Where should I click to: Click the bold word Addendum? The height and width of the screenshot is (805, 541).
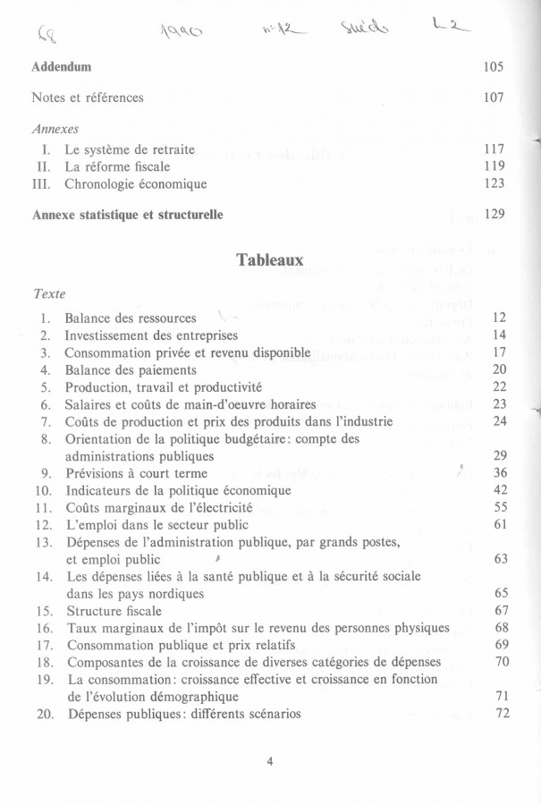click(62, 67)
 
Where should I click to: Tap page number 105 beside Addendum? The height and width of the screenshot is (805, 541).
click(494, 67)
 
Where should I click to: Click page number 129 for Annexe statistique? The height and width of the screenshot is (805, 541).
click(494, 215)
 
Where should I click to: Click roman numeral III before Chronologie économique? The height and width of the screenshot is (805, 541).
click(46, 183)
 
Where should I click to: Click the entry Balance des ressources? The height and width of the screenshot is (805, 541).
click(131, 318)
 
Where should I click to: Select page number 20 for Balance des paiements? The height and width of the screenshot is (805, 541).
click(500, 369)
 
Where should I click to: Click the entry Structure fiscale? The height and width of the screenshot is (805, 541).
click(114, 611)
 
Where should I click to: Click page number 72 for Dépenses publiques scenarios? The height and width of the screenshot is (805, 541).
click(500, 714)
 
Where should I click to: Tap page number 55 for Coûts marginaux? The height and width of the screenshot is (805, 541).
click(500, 507)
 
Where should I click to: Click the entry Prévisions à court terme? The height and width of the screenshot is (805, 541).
click(136, 473)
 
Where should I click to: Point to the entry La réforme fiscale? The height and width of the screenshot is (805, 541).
click(117, 166)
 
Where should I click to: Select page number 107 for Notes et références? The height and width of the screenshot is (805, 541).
click(494, 97)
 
